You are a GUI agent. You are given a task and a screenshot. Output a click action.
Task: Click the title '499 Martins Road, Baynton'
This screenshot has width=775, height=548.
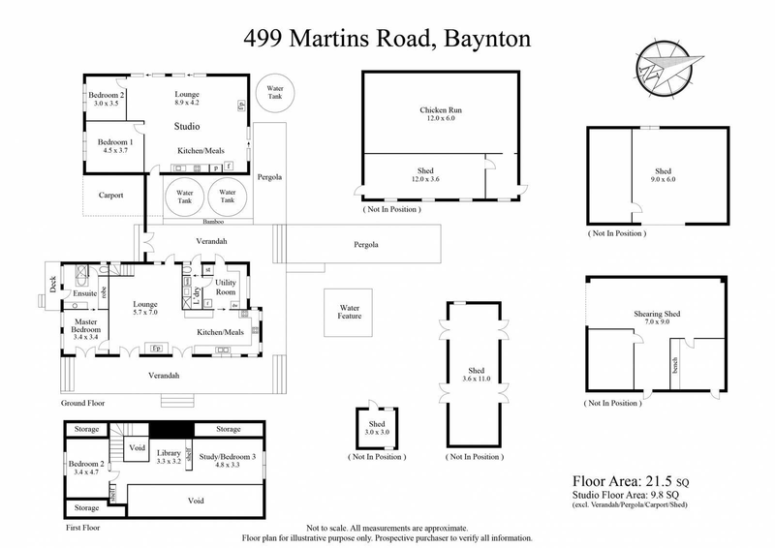point(387,39)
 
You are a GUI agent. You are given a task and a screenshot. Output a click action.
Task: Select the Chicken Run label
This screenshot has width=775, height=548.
point(441,110)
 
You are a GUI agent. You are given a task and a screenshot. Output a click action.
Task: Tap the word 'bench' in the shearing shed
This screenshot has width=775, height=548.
point(673,364)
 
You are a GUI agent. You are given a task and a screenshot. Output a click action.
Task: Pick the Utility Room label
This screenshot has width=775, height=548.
point(225,287)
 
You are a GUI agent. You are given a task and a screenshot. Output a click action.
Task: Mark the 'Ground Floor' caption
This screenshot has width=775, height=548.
point(81,403)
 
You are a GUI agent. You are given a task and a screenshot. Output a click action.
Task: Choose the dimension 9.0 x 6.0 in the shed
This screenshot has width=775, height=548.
point(663,179)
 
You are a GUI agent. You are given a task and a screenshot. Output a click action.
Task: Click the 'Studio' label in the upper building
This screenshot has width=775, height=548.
point(187,127)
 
